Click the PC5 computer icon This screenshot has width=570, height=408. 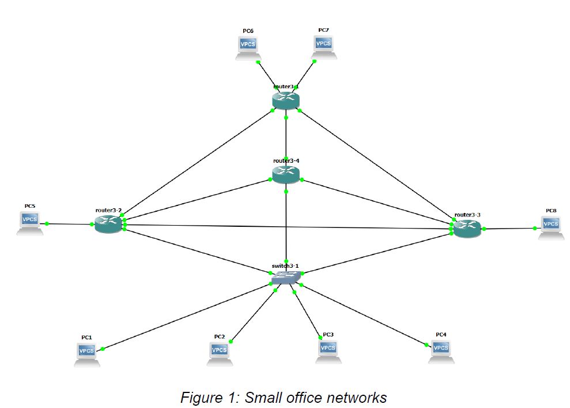[x=29, y=223]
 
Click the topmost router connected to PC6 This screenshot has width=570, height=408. [x=286, y=100]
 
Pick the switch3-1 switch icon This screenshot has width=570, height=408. [x=286, y=278]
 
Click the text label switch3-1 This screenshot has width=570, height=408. [x=285, y=266]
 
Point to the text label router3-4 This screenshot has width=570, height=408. [x=286, y=160]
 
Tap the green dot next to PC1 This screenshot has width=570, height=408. [x=103, y=349]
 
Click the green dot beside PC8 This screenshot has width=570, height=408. [x=535, y=229]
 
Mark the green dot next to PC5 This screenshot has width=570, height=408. [x=47, y=223]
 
